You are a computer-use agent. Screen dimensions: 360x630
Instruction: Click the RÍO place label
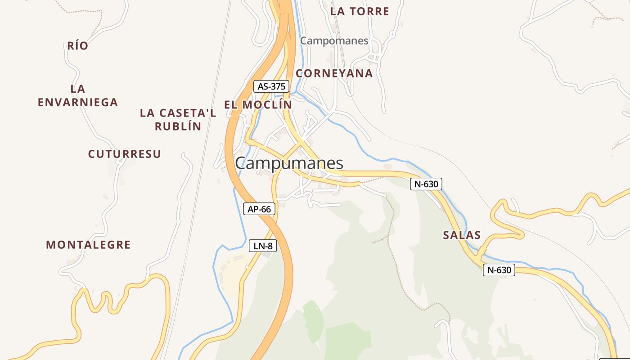coord(77,46)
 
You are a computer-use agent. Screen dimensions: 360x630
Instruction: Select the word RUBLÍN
coord(178,126)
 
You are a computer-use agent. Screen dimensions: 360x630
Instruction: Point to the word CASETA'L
coord(191,113)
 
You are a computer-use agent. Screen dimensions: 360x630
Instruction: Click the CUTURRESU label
coord(124,154)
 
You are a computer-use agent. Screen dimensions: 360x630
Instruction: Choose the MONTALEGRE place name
coord(88,245)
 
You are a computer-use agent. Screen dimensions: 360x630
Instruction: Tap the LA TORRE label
coord(360,12)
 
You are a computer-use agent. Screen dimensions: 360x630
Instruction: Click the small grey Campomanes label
coord(334,41)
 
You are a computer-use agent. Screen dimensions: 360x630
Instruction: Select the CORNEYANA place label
coord(334,73)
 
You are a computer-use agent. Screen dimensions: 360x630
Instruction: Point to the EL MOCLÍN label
coord(258,105)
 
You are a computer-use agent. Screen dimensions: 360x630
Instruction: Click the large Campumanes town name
coord(289,163)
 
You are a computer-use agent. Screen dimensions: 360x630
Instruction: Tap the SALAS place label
coord(462,235)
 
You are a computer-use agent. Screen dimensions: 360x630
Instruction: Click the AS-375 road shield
coord(271,86)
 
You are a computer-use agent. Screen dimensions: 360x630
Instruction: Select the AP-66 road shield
coord(259,209)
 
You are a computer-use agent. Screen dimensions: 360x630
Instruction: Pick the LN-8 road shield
coord(262,246)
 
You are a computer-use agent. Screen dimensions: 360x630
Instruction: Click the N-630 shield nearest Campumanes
coord(426,184)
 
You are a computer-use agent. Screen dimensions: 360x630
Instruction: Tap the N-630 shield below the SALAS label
coord(499,270)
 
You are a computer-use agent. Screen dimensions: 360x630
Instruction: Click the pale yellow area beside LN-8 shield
coord(229,274)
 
